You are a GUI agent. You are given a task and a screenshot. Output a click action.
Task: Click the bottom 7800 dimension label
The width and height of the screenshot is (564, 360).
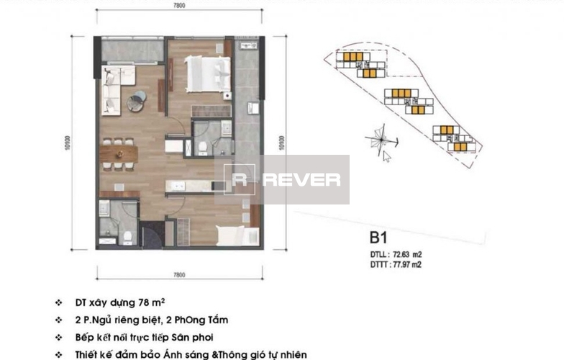179,275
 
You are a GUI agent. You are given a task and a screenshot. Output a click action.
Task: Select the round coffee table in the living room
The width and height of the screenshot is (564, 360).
137,102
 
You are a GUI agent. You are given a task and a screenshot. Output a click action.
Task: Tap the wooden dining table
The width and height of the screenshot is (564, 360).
119,153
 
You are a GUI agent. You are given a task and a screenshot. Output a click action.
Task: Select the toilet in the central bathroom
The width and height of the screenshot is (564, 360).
204,147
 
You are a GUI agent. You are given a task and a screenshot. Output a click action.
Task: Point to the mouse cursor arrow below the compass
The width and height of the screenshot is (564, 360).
387,156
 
